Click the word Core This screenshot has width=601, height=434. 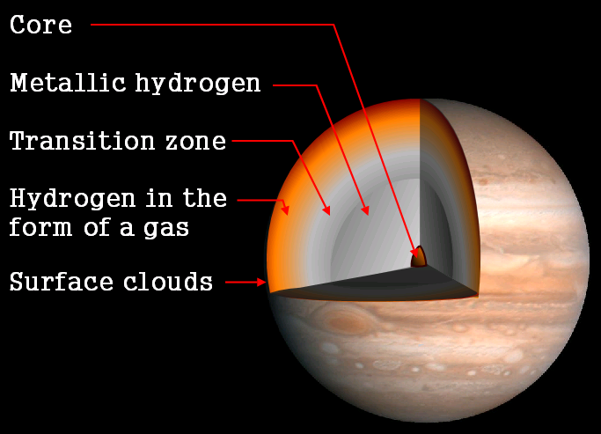tap(41, 25)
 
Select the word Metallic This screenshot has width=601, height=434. tap(68, 83)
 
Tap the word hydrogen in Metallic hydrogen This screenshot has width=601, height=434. tap(198, 84)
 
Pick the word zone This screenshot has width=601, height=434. tap(196, 143)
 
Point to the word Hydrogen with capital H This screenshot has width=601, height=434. tap(73, 200)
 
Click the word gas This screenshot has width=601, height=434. tap(166, 229)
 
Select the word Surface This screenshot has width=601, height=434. tap(62, 282)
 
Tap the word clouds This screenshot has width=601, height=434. tap(168, 282)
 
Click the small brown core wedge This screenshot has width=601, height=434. tap(419, 258)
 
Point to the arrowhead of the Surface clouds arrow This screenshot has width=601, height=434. tap(261, 283)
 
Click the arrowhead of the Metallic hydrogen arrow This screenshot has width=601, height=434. tap(365, 210)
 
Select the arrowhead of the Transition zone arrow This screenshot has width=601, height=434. tap(326, 210)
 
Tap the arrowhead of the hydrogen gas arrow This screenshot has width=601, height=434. tap(285, 210)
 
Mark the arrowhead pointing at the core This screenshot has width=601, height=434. tap(414, 252)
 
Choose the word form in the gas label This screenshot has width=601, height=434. tap(40, 227)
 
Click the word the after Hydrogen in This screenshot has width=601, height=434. tap(205, 198)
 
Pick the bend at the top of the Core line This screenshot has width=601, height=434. tap(333, 25)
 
